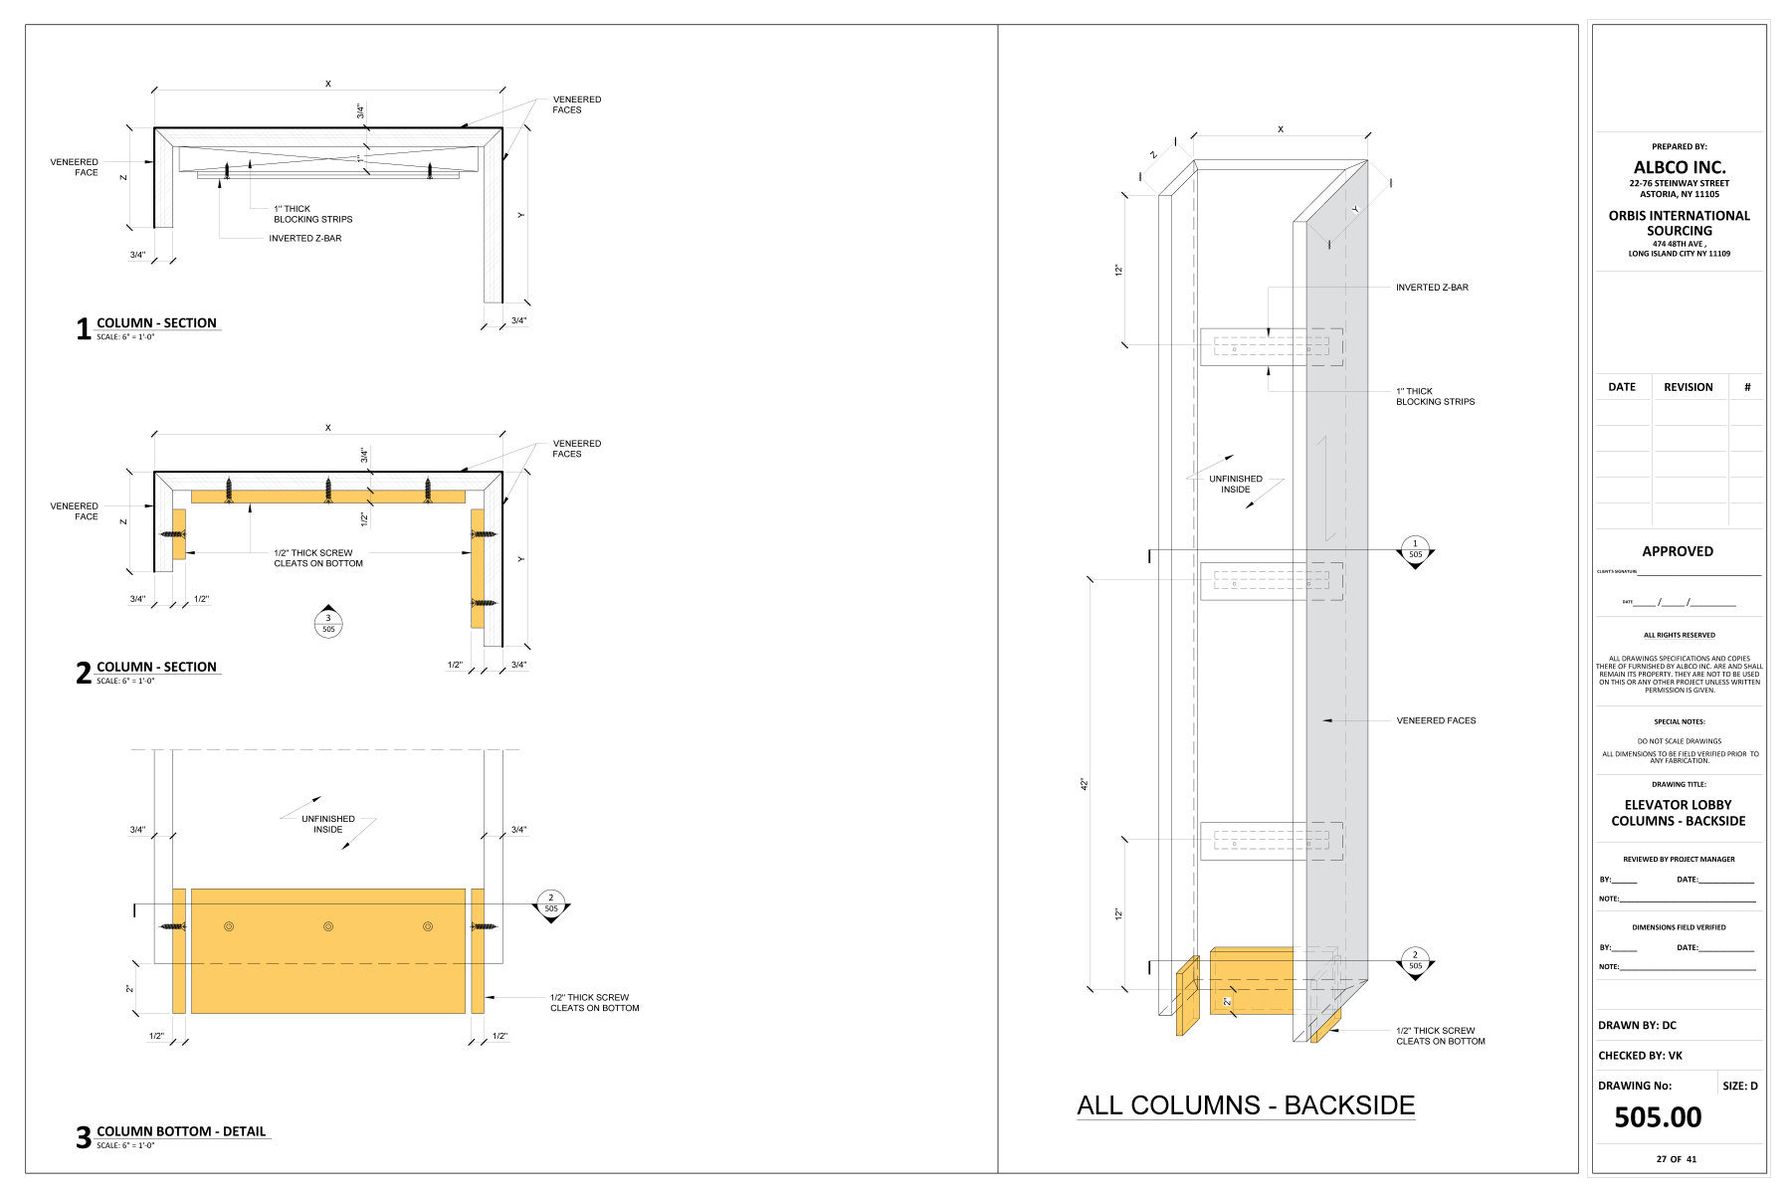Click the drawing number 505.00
pyautogui.click(x=1657, y=1117)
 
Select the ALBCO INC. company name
pyautogui.click(x=1679, y=167)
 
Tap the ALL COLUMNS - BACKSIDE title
pyautogui.click(x=1246, y=1105)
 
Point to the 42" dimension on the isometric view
pyautogui.click(x=1085, y=784)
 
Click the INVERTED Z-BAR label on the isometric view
pyautogui.click(x=1432, y=288)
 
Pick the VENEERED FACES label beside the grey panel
pyautogui.click(x=1436, y=720)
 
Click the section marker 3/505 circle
pyautogui.click(x=328, y=623)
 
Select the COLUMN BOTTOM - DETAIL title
pyautogui.click(x=181, y=1131)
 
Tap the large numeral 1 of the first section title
pyautogui.click(x=84, y=329)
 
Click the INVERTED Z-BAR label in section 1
pyautogui.click(x=304, y=239)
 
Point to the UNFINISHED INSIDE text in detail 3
pyautogui.click(x=328, y=824)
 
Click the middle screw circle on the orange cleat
pyautogui.click(x=328, y=926)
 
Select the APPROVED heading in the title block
pyautogui.click(x=1678, y=551)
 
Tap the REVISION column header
pyautogui.click(x=1688, y=387)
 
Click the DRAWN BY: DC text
pyautogui.click(x=1637, y=1025)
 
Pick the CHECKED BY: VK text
pyautogui.click(x=1640, y=1056)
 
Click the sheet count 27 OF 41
pyautogui.click(x=1677, y=1159)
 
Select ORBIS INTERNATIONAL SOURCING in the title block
pyautogui.click(x=1679, y=223)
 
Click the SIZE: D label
pyautogui.click(x=1739, y=1086)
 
